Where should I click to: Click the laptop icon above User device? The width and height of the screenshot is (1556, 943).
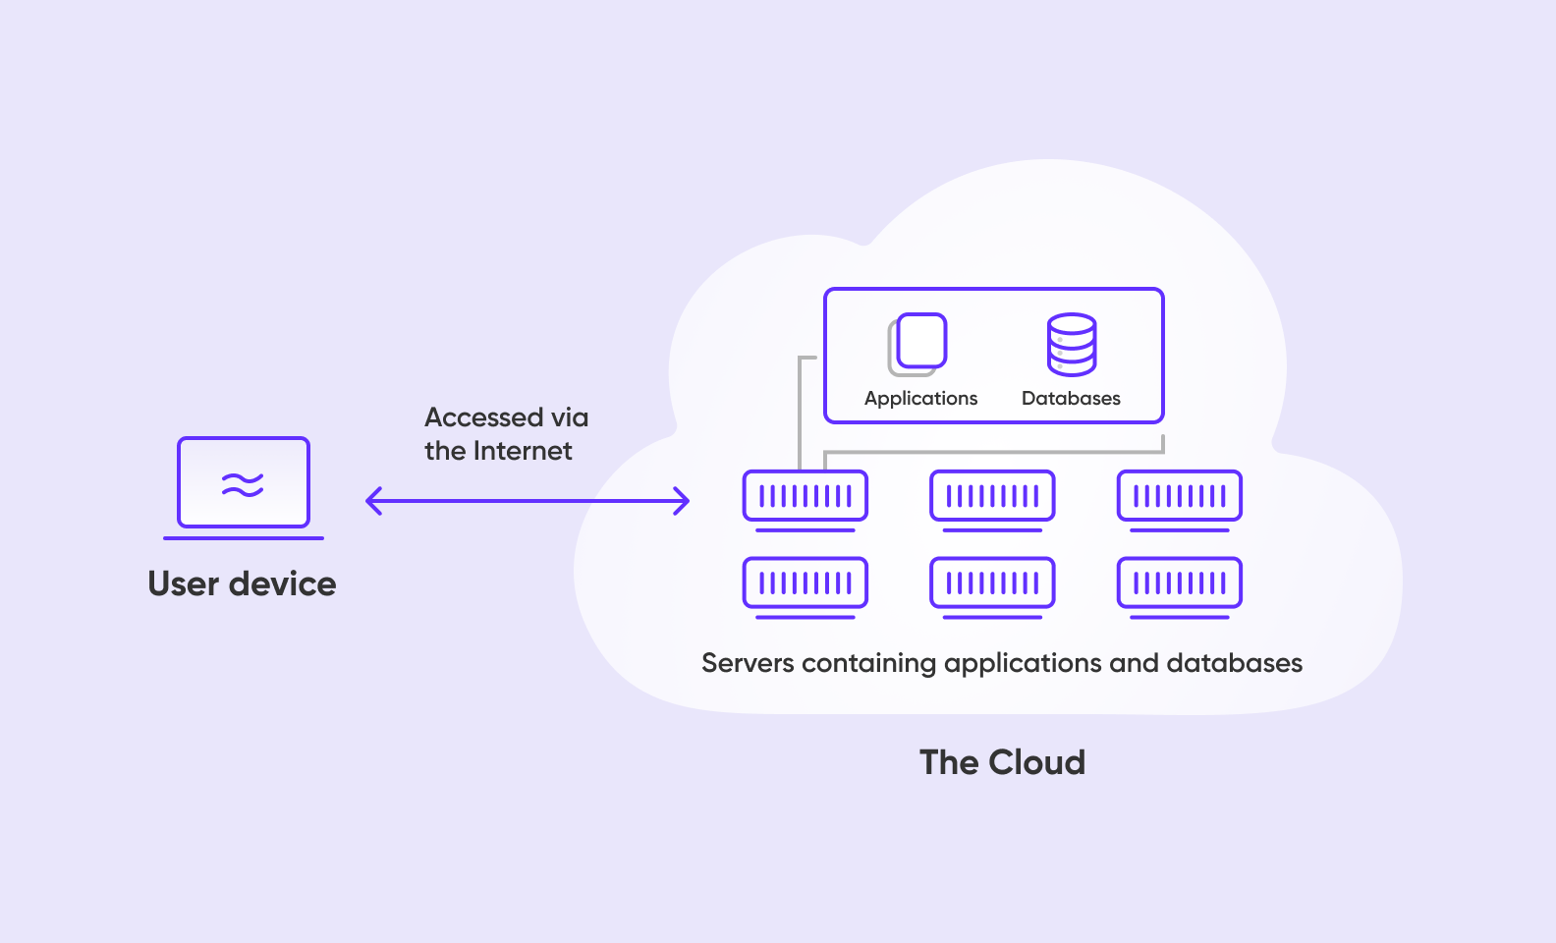pos(244,487)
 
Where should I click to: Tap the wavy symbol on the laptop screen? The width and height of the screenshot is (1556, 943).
pos(243,484)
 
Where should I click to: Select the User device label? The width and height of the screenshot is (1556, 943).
pos(242,583)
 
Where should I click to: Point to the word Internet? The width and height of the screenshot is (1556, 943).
pos(523,451)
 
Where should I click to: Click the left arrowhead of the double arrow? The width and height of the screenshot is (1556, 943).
pos(372,501)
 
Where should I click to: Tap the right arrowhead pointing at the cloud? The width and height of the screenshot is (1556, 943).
pos(683,501)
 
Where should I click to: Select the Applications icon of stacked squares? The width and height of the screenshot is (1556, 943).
pos(917,344)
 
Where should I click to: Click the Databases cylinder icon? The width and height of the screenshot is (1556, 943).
pos(1071,345)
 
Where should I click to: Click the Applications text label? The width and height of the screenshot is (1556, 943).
pos(920,398)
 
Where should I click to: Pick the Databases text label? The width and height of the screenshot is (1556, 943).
pos(1071,398)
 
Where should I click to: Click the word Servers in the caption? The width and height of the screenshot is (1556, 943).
pos(748,663)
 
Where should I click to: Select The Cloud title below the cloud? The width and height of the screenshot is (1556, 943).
pos(1002,762)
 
